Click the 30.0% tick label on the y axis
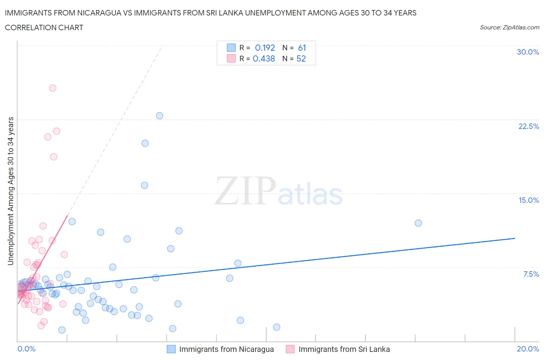528,52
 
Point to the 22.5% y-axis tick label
529,126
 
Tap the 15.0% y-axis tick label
529,200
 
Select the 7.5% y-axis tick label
531,274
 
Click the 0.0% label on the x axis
26,349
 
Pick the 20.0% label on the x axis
528,349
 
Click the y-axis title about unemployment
11,191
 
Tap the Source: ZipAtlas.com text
509,27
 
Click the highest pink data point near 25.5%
53,88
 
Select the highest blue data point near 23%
159,116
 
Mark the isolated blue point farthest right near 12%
418,223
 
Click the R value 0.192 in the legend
265,48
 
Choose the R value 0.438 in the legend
263,58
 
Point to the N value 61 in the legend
302,48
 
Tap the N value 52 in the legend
301,58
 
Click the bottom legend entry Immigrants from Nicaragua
226,349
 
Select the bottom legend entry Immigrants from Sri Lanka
344,349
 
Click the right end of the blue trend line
515,238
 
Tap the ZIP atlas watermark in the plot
279,192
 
